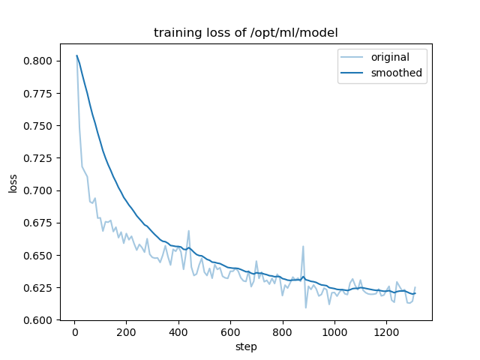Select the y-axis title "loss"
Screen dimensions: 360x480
tap(13, 182)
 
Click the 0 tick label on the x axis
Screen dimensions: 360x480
tap(74, 332)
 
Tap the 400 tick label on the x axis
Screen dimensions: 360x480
tap(178, 332)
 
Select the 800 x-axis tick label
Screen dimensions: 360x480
tap(283, 332)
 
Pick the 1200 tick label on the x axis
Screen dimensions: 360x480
tap(387, 332)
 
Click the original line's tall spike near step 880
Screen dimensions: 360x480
tap(303, 247)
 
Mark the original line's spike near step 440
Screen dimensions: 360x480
tap(188, 231)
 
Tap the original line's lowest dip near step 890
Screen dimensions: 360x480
tap(305, 307)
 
